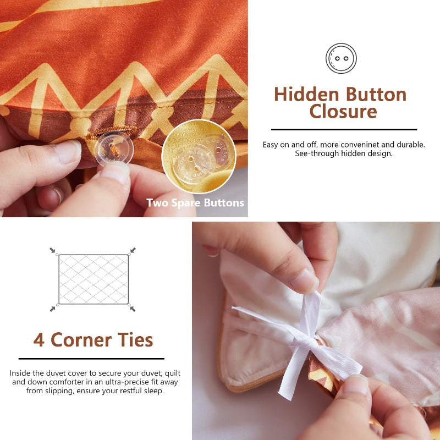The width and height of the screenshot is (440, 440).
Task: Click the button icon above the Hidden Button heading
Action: point(341,58)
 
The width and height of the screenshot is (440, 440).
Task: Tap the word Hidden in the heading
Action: point(307,95)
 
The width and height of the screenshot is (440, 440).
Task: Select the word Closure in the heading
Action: point(343,112)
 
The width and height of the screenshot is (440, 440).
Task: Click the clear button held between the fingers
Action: point(114,148)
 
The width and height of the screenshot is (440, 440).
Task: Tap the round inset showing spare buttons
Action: point(199,157)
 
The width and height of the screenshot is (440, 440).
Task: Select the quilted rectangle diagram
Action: point(94,279)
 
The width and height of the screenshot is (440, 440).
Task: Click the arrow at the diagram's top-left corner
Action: point(52,250)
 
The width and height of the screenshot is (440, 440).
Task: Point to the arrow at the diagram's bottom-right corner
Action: point(133,309)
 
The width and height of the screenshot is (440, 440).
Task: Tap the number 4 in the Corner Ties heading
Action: point(38,340)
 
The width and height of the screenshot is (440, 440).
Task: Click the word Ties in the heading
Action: point(135,340)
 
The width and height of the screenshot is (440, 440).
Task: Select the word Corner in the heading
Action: point(81,340)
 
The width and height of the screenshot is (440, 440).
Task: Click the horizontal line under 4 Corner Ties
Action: point(91,359)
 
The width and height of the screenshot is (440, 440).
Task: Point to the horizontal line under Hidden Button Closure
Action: point(344,130)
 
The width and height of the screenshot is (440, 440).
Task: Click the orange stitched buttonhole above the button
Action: point(111,133)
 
